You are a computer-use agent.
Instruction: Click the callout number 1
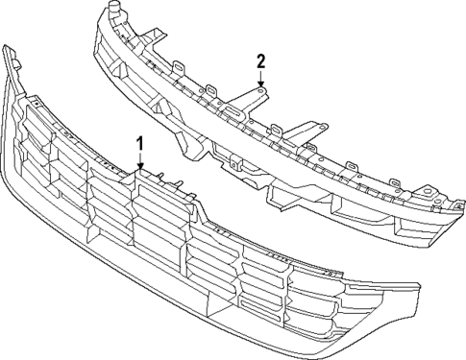[141, 144]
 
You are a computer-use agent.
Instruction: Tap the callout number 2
[259, 62]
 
